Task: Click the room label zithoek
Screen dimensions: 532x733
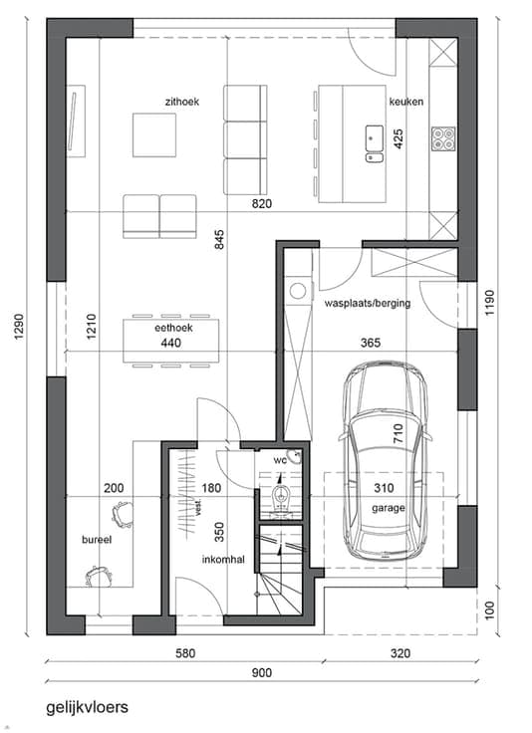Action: (x=182, y=102)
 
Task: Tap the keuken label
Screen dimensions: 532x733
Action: (x=406, y=102)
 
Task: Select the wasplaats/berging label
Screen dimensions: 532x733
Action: (x=368, y=304)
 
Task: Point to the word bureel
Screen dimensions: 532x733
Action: (x=97, y=540)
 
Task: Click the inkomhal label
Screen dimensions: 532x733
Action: (x=223, y=559)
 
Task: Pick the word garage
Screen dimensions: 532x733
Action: (x=389, y=508)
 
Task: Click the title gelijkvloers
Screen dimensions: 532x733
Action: (x=87, y=707)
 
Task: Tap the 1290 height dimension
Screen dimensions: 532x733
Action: (x=18, y=327)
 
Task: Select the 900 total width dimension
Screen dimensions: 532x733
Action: (x=262, y=672)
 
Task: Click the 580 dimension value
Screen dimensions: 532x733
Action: (x=185, y=653)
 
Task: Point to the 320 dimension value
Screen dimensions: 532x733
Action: (x=400, y=653)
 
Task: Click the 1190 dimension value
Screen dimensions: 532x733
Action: (x=489, y=303)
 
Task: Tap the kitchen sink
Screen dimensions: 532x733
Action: (x=375, y=143)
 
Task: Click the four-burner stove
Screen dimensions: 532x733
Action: (x=443, y=138)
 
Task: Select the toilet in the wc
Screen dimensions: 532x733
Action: (x=281, y=497)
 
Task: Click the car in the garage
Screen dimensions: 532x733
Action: (x=386, y=460)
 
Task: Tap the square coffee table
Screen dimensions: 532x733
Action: (x=154, y=135)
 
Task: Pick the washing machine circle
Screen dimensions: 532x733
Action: (x=297, y=291)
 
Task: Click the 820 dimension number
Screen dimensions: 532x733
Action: (x=262, y=204)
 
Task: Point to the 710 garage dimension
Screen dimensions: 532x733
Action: (x=398, y=433)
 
